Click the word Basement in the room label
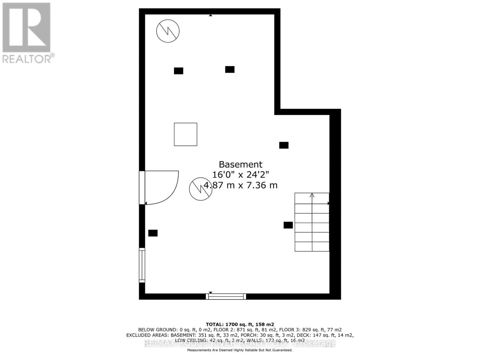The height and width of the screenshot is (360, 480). point(240,164)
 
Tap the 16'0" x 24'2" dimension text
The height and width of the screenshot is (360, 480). point(240,175)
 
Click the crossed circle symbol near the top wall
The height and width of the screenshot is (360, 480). point(168,31)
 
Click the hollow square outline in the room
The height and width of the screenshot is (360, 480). point(185,134)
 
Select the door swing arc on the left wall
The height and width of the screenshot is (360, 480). point(168,192)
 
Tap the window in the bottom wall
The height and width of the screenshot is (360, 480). point(226,296)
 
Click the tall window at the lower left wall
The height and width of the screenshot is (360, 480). point(142,265)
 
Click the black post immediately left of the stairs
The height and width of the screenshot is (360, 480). point(288,225)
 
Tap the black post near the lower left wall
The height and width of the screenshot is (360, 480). point(153,233)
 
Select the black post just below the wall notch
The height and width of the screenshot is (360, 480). point(284,145)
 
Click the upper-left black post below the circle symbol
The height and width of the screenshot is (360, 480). point(178,71)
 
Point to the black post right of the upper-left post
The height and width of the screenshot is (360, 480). point(230,69)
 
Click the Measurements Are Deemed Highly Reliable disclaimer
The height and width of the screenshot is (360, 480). point(240,350)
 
